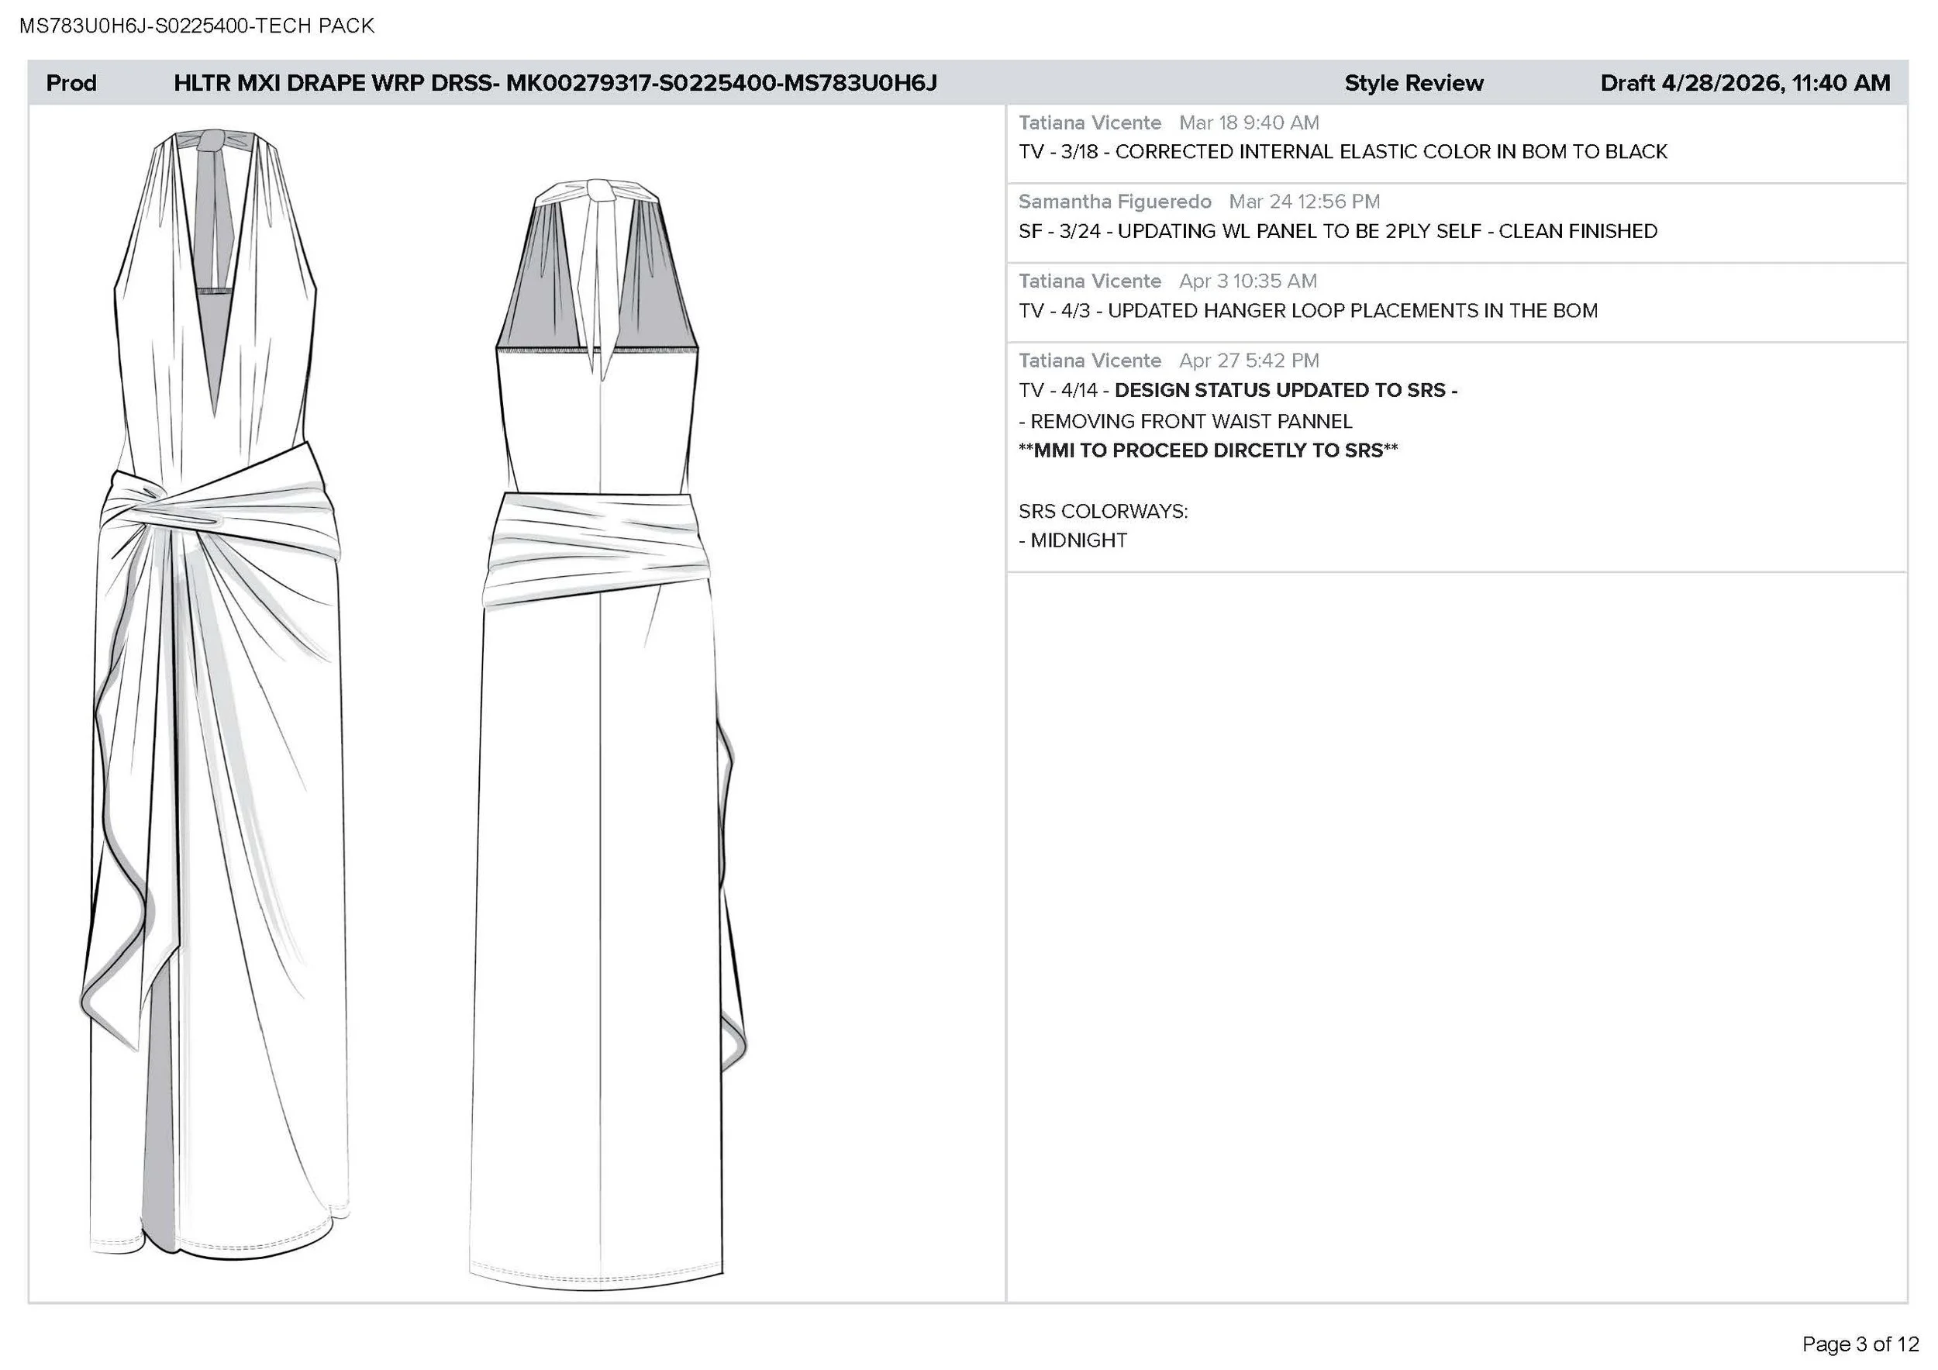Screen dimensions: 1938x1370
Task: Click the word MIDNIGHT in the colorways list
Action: [x=1079, y=540]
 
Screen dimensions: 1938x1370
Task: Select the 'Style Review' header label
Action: [x=1414, y=83]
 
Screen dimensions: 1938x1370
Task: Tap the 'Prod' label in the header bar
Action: [x=71, y=83]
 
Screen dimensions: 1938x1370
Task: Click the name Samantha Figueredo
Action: [x=1115, y=202]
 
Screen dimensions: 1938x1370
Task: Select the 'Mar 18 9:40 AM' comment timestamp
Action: [x=1249, y=123]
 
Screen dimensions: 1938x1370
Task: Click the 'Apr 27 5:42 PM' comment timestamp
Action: [x=1249, y=361]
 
